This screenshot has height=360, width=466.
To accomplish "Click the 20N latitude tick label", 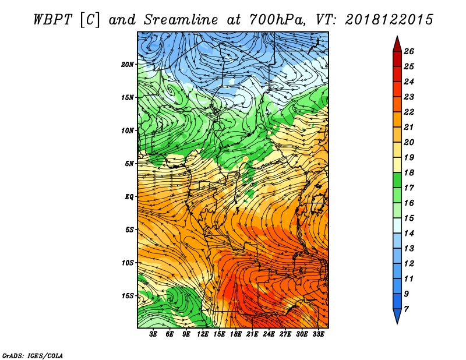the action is pos(128,65).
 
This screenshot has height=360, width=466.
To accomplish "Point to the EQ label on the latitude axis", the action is pos(129,197).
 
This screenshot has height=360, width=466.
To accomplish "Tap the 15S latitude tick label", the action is pos(128,296).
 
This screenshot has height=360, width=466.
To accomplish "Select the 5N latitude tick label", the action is pos(129,164).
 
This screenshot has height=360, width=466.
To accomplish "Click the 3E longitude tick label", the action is pos(153,334).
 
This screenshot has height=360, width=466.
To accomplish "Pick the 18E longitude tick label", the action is pos(236,334).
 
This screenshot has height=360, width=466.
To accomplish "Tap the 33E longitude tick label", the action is pos(318,334).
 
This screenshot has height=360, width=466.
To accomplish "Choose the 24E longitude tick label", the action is pos(269,334).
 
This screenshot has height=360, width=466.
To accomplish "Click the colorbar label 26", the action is pos(409,51).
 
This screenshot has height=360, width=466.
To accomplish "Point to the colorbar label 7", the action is pos(407,309).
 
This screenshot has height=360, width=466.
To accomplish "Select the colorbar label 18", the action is pos(409,172).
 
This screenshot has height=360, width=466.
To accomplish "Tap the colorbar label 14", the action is pos(409,234).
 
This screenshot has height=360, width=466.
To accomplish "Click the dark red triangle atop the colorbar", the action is pos(397,45).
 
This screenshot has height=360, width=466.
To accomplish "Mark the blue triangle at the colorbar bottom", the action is pos(397,315).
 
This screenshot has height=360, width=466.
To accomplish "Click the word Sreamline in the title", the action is pos(181,20).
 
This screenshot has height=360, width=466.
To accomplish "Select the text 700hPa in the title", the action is pos(277,20).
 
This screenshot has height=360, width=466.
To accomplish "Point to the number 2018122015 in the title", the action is pos(389,20).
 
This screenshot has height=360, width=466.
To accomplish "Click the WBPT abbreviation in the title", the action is pos(52,20).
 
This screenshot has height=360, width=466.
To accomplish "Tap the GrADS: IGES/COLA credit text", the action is pos(33,356).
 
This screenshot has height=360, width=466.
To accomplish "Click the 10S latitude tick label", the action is pos(128,263).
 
